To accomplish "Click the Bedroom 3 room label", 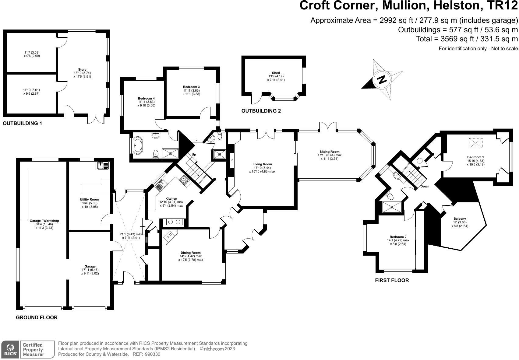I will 191,87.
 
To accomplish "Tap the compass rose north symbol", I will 382,79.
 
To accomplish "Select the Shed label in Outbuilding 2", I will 276,73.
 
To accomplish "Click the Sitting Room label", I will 329,152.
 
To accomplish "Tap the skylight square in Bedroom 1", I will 476,143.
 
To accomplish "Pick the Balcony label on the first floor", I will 460,218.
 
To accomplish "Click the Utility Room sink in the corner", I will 103,166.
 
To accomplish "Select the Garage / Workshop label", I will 44,221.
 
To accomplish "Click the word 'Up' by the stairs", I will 194,154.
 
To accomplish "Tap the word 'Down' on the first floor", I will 425,186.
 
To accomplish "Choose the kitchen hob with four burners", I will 185,180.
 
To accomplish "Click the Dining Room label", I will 191,253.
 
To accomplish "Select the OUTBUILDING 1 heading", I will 22,123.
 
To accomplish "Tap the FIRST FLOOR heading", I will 392,280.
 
